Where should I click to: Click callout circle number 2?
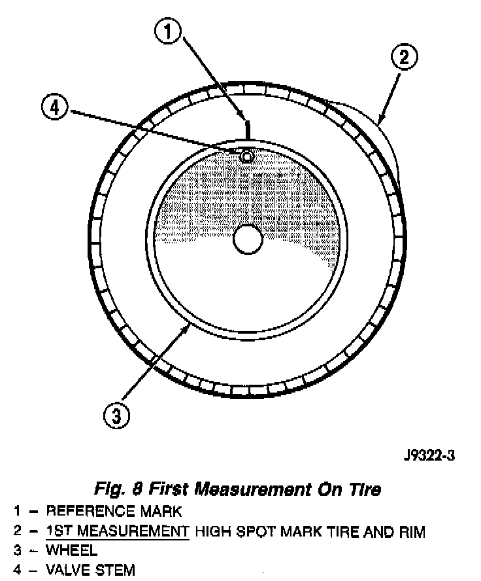point(404,57)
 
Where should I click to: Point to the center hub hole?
point(247,239)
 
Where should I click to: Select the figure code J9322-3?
point(429,456)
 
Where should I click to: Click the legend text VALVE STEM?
point(90,570)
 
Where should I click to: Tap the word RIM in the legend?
point(411,531)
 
